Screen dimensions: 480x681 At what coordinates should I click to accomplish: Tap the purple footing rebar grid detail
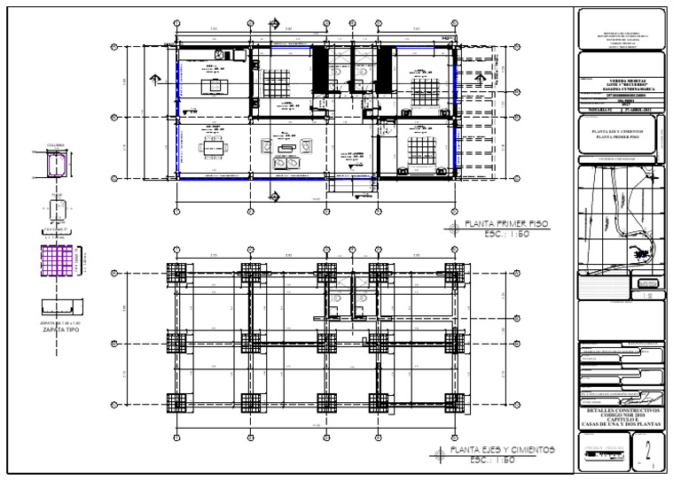(x=57, y=263)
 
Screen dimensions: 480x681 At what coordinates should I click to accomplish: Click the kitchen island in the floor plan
(x=214, y=85)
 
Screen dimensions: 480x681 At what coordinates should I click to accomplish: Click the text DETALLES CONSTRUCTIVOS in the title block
(x=618, y=410)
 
